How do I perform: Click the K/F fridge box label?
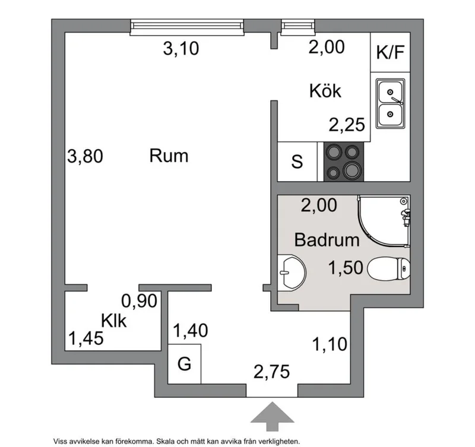[x=390, y=52]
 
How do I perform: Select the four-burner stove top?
[x=344, y=161]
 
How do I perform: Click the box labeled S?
[x=297, y=161]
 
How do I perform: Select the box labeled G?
[x=185, y=363]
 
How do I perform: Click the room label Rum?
[x=168, y=156]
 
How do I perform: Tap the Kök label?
[x=325, y=91]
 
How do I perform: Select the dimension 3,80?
[x=85, y=157]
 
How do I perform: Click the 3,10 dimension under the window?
[x=180, y=49]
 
